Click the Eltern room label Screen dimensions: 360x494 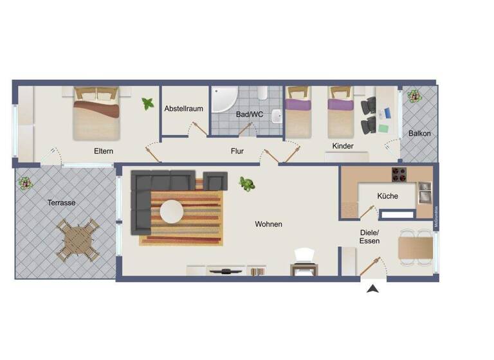(x=103, y=151)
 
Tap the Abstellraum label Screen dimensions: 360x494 (x=183, y=109)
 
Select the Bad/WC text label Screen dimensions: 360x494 (x=250, y=114)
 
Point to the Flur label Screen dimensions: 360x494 (x=237, y=152)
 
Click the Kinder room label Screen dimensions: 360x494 (x=343, y=147)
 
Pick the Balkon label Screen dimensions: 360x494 (x=419, y=134)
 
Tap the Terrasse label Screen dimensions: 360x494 (x=62, y=203)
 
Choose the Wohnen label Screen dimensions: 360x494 (x=268, y=224)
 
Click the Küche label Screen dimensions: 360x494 (x=387, y=196)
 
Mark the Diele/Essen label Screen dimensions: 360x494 (x=369, y=237)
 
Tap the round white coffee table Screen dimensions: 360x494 (x=172, y=210)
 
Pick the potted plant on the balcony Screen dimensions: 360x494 (x=412, y=96)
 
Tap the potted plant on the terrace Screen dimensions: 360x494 (x=26, y=183)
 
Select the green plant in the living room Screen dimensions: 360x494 (x=246, y=184)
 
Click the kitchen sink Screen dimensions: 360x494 (x=425, y=192)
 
